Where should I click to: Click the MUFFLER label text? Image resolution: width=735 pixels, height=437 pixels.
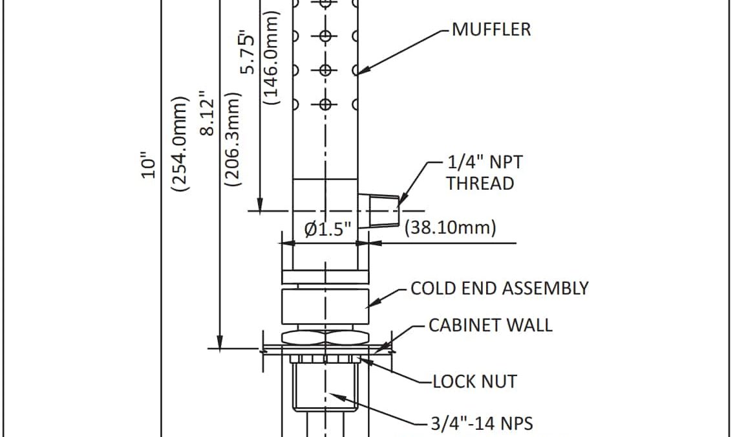click(491, 29)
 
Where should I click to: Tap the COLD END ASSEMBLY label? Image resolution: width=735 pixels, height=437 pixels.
click(500, 288)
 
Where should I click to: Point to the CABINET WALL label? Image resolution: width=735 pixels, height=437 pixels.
click(491, 324)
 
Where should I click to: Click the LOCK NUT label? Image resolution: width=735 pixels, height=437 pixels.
click(475, 381)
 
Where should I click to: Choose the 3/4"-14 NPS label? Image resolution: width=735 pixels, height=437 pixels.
click(482, 423)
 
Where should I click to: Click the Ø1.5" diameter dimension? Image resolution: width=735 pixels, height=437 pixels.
click(328, 229)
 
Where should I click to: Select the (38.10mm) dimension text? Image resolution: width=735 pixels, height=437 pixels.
click(450, 228)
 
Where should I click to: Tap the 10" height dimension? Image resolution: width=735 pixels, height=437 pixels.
click(150, 165)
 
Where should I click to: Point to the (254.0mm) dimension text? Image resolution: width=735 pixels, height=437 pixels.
click(178, 144)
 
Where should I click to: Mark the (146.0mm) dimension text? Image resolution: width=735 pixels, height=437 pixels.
click(272, 58)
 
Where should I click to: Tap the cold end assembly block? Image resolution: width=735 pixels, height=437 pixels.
click(325, 307)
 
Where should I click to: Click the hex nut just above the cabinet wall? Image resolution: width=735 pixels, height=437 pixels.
click(325, 337)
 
